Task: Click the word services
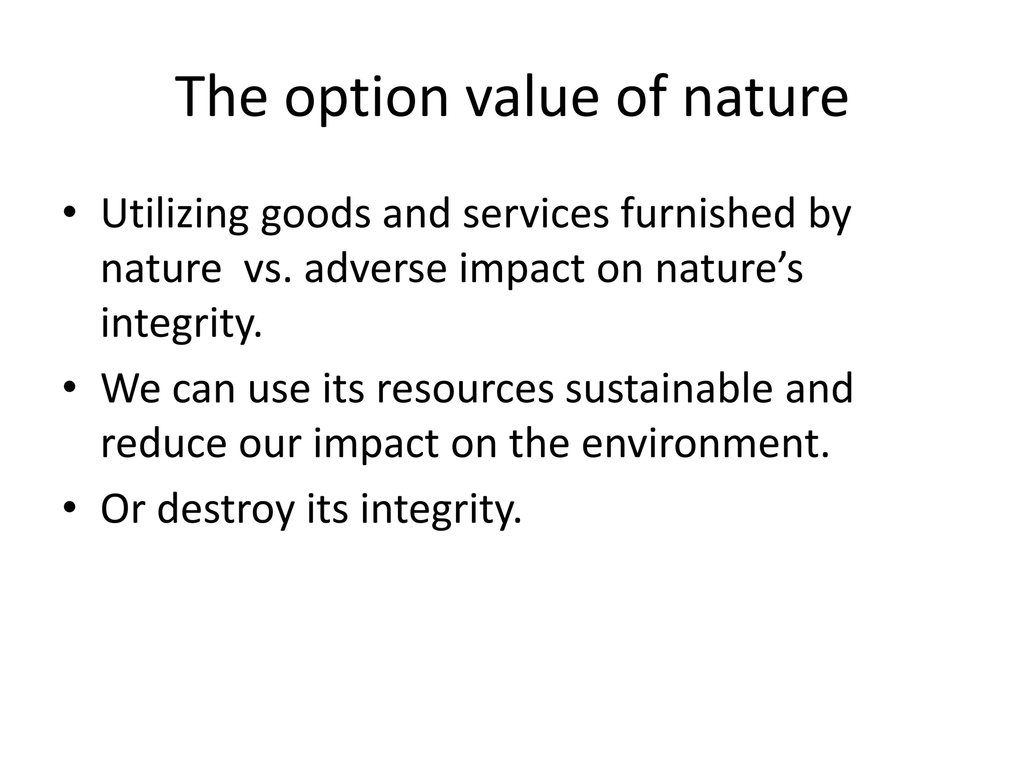point(536,213)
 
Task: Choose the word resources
point(465,389)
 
